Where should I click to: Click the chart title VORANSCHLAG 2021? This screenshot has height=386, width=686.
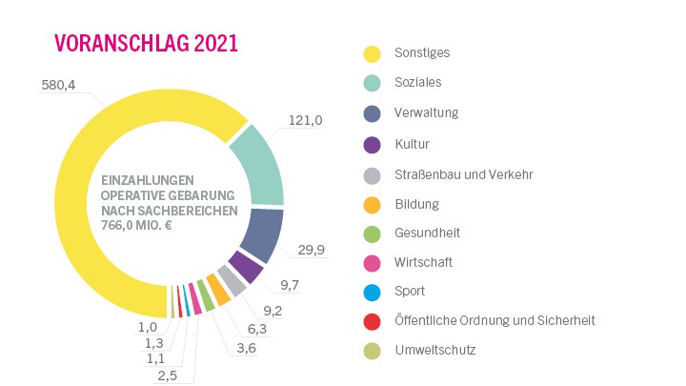(x=146, y=44)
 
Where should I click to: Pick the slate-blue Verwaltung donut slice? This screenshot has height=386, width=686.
(x=262, y=234)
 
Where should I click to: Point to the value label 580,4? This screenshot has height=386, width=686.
(x=59, y=85)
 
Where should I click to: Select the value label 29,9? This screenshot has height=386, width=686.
(x=313, y=251)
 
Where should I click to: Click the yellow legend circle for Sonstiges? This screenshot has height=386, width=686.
(x=373, y=53)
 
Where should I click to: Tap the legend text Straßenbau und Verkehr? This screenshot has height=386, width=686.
(x=463, y=174)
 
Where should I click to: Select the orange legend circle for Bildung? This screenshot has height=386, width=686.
(x=373, y=204)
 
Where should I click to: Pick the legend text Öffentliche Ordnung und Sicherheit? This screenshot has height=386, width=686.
(x=494, y=321)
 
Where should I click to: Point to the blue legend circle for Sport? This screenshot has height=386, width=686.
(x=373, y=292)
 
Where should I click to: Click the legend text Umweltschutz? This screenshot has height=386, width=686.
(x=434, y=351)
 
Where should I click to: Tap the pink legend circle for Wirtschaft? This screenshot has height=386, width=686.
(x=373, y=262)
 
